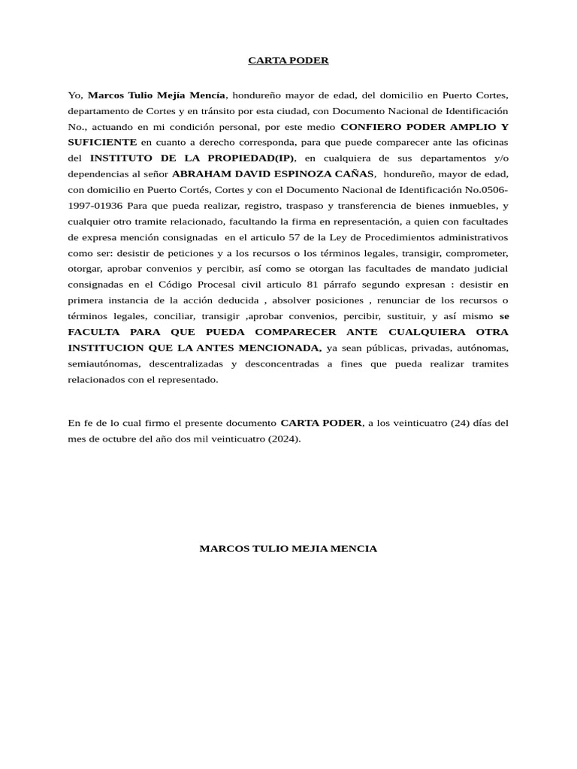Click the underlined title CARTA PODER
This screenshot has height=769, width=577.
(288, 60)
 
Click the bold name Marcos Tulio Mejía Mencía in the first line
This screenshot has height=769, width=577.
(156, 95)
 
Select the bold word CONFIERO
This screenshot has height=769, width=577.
(371, 126)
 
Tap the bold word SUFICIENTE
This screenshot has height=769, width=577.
(102, 142)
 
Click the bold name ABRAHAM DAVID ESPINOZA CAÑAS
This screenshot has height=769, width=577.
(273, 173)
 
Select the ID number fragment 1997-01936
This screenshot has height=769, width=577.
(95, 205)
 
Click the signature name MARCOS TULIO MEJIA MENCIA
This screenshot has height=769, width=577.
(288, 549)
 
